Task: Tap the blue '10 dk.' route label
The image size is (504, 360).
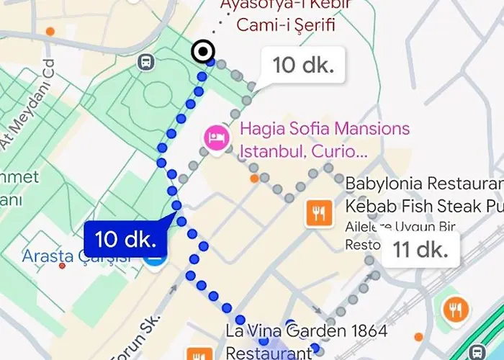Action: pos(125,238)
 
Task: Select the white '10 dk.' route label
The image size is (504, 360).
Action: pos(303,66)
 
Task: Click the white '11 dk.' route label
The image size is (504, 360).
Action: pos(420,250)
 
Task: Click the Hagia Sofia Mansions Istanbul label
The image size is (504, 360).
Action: pos(324,140)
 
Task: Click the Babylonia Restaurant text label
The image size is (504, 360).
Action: pos(423,195)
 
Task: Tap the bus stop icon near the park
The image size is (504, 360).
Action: pos(146,62)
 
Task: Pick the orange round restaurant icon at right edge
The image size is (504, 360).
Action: pos(455,310)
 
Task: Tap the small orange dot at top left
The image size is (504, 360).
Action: pos(50,32)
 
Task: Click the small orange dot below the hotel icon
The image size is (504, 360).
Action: pos(254,178)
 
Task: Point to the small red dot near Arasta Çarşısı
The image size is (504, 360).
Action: pos(62,266)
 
